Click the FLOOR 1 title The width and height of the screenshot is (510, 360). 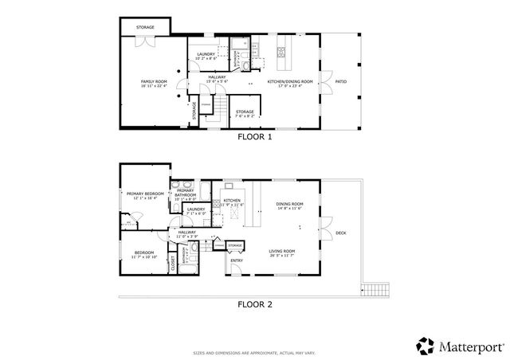[x=255, y=136]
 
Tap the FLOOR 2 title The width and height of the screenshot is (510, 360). [x=255, y=303]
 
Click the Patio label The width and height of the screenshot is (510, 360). [x=340, y=81]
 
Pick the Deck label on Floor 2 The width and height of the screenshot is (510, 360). [x=340, y=233]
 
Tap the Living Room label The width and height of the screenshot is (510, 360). [x=281, y=252]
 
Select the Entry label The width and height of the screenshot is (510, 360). [x=237, y=260]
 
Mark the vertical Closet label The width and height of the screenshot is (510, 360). [x=173, y=264]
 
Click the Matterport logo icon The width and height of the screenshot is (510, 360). [x=426, y=345]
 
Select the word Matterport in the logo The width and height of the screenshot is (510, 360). [x=468, y=346]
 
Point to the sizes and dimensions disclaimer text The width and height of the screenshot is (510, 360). [x=255, y=350]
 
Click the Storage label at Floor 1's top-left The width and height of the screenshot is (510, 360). [x=144, y=28]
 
